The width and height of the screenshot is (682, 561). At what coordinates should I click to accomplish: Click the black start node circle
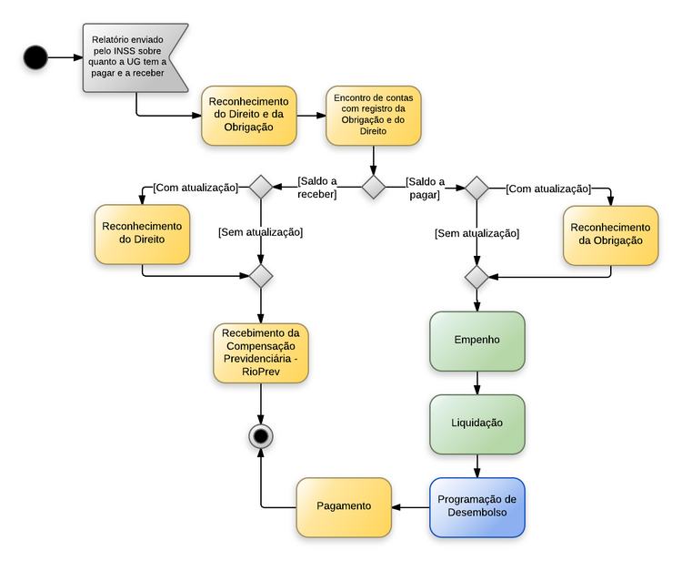35,57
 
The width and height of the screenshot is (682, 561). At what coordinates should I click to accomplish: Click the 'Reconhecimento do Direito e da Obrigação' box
248,115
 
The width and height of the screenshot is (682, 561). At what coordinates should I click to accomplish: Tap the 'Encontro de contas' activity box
373,116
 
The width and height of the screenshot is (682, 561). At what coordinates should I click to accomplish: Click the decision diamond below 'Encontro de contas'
374,188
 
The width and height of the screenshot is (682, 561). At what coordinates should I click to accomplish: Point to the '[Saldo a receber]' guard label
317,188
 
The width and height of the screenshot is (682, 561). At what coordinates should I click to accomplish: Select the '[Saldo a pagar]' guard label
425,188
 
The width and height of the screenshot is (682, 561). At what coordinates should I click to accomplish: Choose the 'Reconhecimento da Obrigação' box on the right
610,234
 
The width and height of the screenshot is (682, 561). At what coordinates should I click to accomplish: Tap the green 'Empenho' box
477,341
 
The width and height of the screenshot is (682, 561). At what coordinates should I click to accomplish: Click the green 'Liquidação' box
477,423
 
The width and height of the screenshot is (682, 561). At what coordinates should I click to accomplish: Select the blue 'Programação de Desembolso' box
477,506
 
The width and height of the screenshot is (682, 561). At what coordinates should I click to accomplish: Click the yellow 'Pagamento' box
344,506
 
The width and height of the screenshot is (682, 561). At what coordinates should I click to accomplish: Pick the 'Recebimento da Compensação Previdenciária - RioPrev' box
261,353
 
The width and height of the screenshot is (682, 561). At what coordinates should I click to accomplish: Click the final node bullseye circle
261,437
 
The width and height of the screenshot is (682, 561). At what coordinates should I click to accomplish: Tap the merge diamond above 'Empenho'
477,275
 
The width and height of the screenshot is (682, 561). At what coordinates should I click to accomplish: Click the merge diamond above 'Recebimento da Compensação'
261,275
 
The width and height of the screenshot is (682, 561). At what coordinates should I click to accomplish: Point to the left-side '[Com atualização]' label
195,188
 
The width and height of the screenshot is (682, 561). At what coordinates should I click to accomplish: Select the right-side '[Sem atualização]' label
476,233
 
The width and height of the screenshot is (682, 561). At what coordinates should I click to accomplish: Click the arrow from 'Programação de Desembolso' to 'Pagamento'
410,506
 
